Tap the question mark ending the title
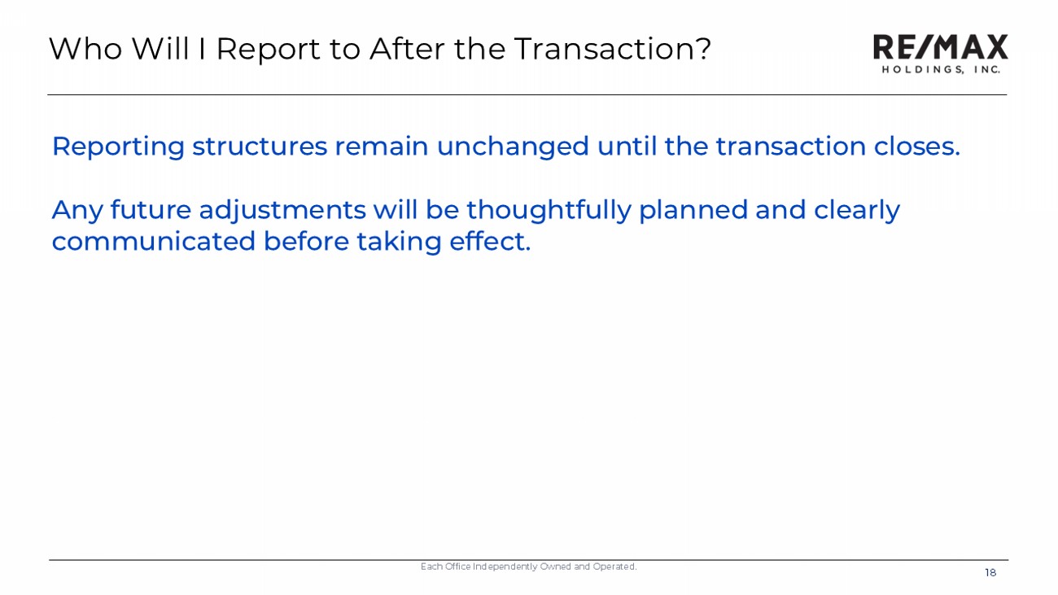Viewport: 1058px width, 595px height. point(704,48)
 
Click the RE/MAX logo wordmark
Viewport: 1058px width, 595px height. point(940,46)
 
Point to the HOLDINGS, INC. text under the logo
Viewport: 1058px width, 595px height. point(941,70)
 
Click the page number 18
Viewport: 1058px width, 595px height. point(990,573)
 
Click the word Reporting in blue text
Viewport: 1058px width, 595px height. point(118,147)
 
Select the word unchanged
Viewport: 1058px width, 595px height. point(513,147)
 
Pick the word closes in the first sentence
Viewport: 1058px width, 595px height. point(916,147)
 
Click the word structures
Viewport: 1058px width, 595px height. point(260,147)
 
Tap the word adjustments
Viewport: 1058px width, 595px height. point(282,211)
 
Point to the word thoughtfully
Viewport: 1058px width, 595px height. point(549,211)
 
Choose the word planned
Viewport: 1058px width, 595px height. point(693,211)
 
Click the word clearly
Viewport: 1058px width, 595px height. point(857,211)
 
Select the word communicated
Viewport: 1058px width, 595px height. point(154,241)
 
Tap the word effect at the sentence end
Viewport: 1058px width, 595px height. point(490,241)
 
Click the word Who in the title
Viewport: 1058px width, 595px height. point(85,49)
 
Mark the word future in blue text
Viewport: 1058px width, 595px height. point(151,210)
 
